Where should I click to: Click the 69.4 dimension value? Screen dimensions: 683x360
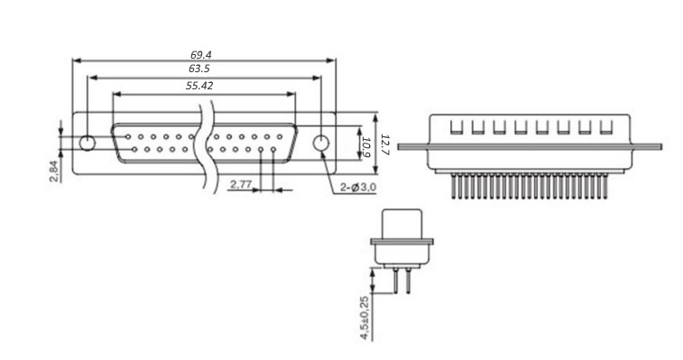pyautogui.click(x=201, y=54)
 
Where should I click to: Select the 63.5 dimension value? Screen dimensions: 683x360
pyautogui.click(x=199, y=69)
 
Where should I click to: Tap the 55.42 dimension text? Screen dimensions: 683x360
pyautogui.click(x=199, y=86)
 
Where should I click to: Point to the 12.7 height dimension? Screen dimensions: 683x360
pyautogui.click(x=385, y=144)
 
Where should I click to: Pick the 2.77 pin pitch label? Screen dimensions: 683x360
pyautogui.click(x=240, y=184)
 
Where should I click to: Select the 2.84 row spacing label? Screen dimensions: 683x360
pyautogui.click(x=53, y=171)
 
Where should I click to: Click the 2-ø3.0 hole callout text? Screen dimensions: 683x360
pyautogui.click(x=358, y=188)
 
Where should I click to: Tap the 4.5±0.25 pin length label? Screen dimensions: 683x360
pyautogui.click(x=365, y=318)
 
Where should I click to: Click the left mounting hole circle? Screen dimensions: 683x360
pyautogui.click(x=88, y=143)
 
